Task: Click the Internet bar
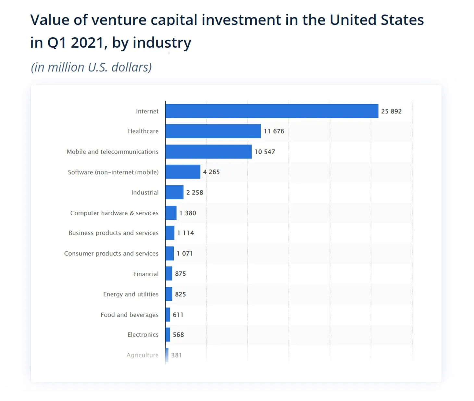tap(272, 111)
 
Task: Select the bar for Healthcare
tap(213, 131)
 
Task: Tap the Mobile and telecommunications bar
tap(208, 152)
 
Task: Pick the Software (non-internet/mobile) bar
tap(183, 172)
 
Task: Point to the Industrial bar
tap(174, 192)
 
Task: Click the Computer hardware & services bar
tap(171, 213)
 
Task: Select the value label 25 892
tap(391, 111)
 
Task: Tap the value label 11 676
tap(274, 131)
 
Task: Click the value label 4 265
tap(211, 172)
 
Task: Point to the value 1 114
tap(185, 233)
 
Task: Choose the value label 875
tap(180, 274)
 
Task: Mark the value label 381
tap(176, 355)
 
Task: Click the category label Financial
tap(146, 274)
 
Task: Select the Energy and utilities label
tap(131, 294)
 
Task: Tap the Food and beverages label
tap(130, 315)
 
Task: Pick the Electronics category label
tap(143, 335)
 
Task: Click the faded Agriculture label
tap(143, 355)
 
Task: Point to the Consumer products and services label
tap(111, 253)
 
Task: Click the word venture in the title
tap(119, 20)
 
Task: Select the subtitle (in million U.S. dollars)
tap(91, 67)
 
